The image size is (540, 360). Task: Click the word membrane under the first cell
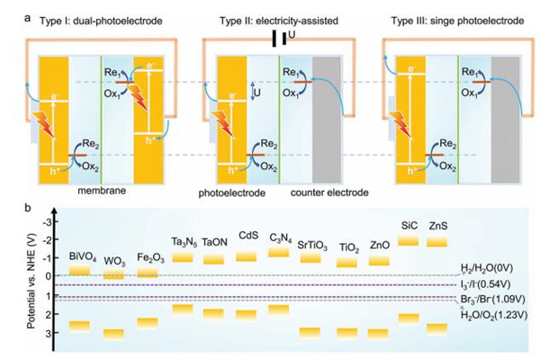(94, 192)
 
